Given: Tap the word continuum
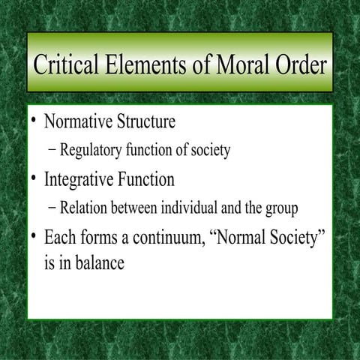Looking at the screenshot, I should [x=169, y=239].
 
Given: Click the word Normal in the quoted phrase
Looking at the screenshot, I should [x=238, y=238].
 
